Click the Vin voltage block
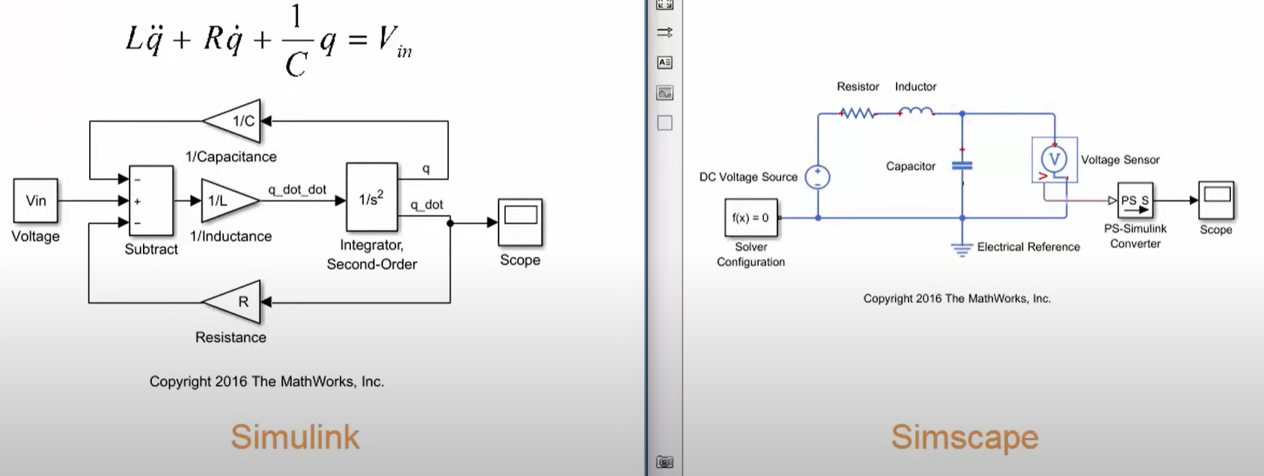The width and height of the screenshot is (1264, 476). tap(36, 201)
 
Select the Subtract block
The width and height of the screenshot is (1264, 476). tap(151, 201)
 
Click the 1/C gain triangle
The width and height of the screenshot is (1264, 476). tap(237, 120)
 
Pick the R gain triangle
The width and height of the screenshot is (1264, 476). tap(237, 302)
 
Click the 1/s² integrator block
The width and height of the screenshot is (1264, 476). tap(371, 198)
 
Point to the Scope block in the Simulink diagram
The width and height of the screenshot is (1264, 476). tap(520, 222)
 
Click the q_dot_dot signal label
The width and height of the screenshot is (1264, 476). tap(297, 189)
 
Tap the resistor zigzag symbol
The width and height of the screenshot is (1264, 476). tap(858, 114)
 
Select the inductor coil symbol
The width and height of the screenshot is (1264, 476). tap(916, 113)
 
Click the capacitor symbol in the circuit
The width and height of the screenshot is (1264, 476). tap(962, 165)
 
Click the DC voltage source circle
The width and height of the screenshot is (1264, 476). tap(818, 177)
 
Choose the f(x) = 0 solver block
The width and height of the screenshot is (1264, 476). tap(751, 218)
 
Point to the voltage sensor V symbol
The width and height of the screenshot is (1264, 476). tap(1054, 159)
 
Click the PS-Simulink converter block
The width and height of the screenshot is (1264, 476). tap(1135, 201)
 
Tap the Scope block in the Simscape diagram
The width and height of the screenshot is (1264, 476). tap(1216, 200)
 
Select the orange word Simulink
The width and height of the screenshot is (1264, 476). tap(295, 437)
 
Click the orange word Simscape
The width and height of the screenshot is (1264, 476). tap(965, 437)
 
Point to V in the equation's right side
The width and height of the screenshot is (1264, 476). tap(388, 37)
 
